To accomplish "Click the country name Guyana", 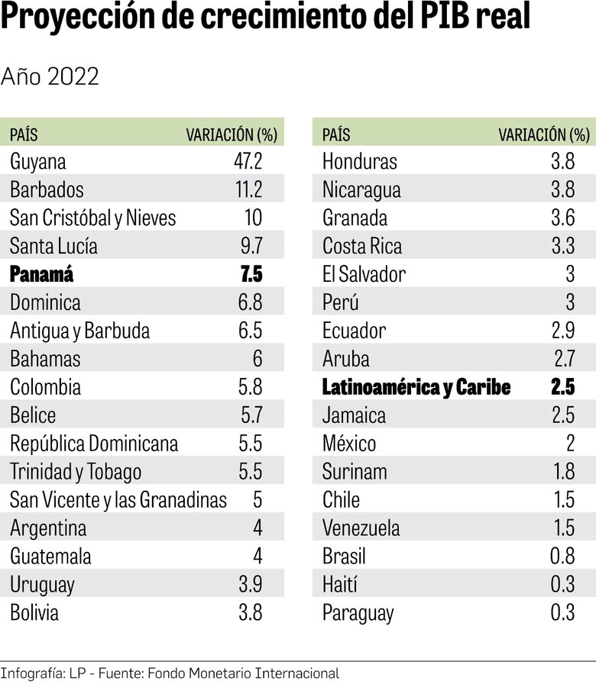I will point(38,162).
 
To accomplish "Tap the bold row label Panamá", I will point(42,275).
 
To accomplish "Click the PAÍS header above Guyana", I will point(24,135).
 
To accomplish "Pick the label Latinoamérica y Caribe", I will point(416,387).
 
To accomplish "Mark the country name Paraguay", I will point(358,612).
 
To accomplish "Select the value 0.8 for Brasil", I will point(562,556).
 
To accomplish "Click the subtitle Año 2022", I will point(50,76).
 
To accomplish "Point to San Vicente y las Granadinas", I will point(118,500).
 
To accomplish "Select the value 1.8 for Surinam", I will point(563,472).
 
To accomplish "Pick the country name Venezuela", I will point(361,528).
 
